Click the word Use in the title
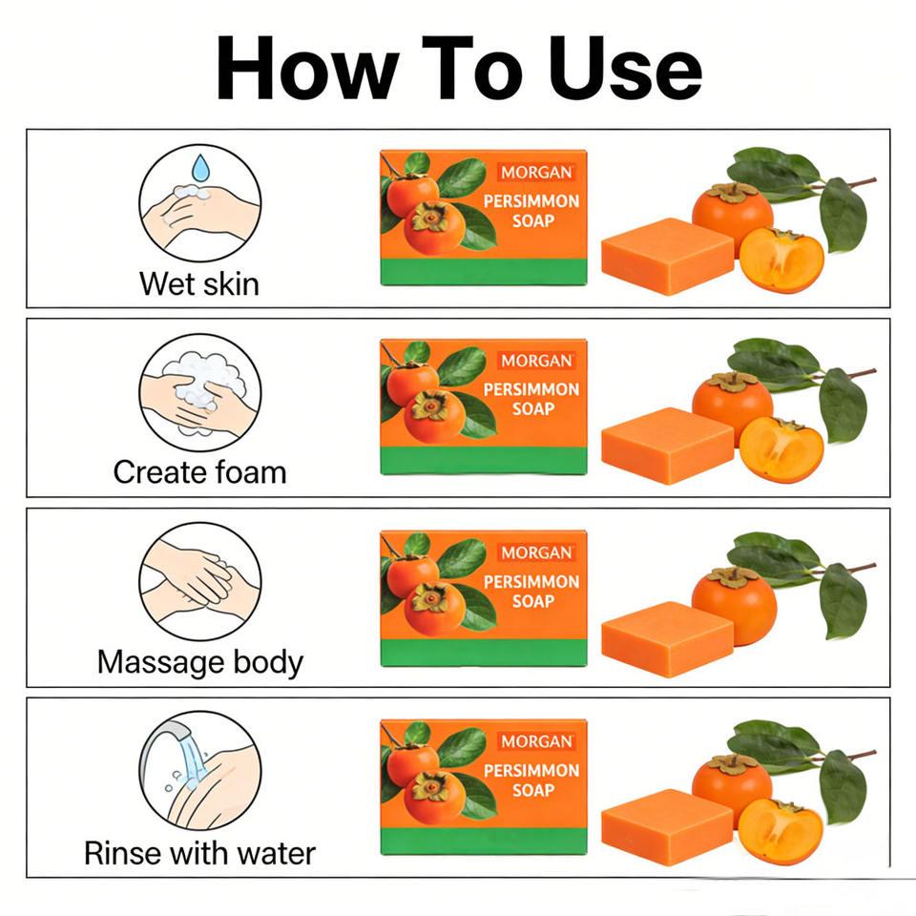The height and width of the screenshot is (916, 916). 625,68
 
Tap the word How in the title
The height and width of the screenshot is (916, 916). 308,68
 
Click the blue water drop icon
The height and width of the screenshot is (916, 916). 200,167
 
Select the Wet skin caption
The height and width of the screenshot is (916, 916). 199,284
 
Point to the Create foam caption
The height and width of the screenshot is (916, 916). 199,472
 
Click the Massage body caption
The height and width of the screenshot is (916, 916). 200,662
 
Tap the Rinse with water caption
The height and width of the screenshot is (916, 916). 199,853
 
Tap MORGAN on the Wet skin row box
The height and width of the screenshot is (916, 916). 536,173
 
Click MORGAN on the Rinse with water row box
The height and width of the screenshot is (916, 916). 536,741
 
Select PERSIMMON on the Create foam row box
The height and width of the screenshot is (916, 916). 531,389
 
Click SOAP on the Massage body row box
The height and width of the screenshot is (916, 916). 533,601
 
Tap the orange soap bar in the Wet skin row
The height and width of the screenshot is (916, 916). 667,256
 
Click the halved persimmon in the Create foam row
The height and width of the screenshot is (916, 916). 781,449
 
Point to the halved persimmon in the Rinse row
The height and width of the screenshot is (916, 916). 781,832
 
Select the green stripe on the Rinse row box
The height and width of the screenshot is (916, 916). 484,842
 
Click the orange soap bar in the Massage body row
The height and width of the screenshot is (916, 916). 667,639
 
